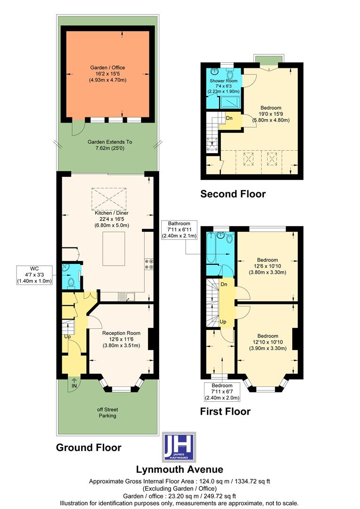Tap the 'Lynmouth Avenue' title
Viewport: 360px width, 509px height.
(180, 469)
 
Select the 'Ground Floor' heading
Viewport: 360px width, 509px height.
(89, 447)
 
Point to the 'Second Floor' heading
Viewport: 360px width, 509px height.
(233, 194)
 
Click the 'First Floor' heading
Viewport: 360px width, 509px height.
(225, 411)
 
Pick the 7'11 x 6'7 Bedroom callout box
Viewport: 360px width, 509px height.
(222, 391)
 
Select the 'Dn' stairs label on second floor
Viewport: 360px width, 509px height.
(229, 118)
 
